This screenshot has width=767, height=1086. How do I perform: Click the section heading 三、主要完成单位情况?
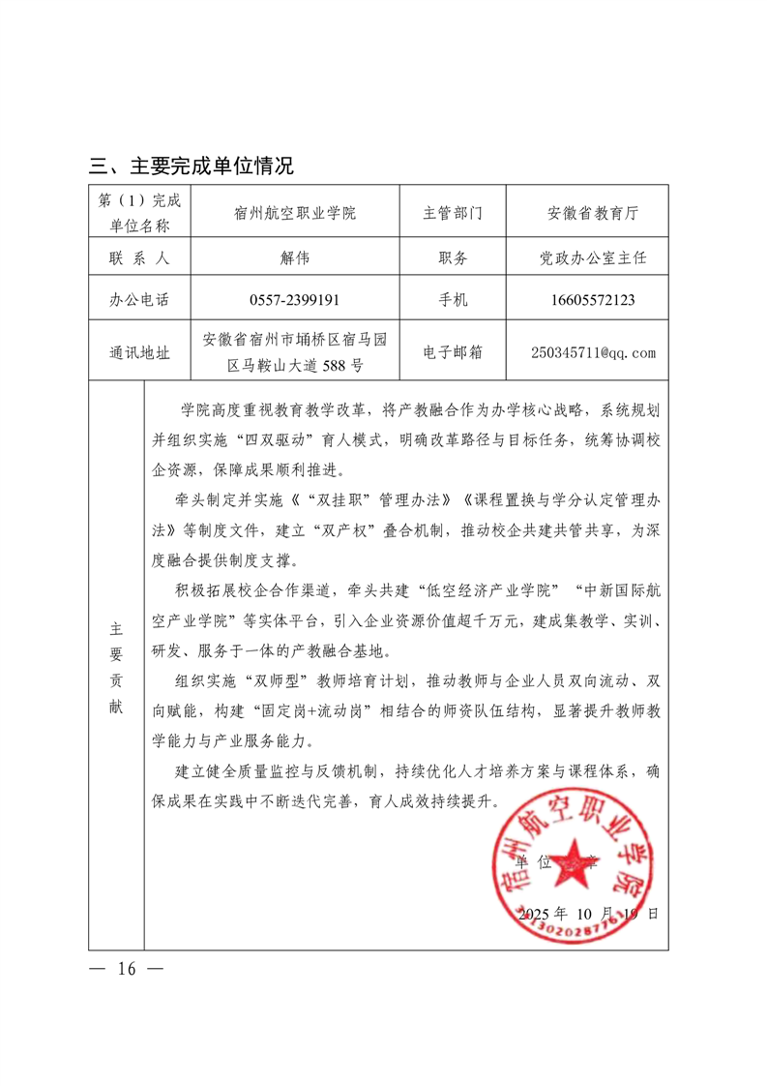(191, 166)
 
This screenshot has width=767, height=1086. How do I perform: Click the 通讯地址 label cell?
(139, 352)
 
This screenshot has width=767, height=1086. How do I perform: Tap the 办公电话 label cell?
(139, 300)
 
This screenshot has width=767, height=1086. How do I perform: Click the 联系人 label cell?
(139, 258)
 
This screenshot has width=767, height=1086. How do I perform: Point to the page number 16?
(127, 969)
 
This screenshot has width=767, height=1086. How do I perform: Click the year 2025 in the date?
(539, 913)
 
